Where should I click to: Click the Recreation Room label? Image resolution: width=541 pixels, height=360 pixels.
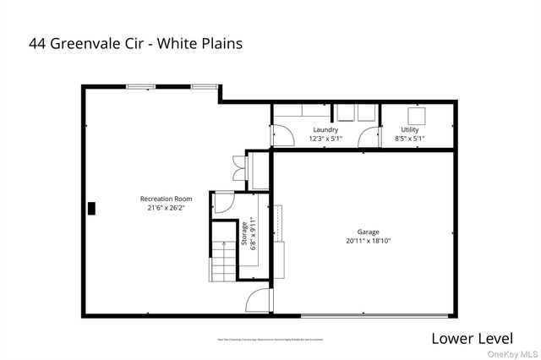[x=161, y=199]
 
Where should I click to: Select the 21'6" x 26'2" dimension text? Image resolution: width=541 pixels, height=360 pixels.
[x=161, y=208]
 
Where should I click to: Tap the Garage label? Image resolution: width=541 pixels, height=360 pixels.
[x=368, y=232]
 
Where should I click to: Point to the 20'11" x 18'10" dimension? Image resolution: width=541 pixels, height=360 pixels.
[x=368, y=241]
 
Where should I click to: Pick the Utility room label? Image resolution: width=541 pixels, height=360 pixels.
[x=410, y=129]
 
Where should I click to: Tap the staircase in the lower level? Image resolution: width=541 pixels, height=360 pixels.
[x=224, y=251]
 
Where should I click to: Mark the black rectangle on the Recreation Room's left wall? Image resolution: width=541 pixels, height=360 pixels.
[x=94, y=207]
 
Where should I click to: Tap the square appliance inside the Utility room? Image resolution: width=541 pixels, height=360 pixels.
[x=416, y=116]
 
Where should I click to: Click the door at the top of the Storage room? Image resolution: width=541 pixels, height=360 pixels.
[x=222, y=202]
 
